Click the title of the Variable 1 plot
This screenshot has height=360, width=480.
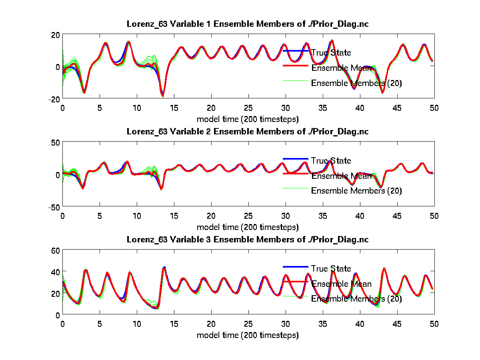248,24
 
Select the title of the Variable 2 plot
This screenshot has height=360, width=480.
248,131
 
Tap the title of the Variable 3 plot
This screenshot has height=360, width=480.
248,239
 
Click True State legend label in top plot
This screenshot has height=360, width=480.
331,53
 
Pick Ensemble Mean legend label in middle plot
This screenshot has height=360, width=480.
341,176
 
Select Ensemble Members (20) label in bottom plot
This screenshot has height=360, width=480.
356,298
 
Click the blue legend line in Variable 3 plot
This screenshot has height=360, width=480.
295,267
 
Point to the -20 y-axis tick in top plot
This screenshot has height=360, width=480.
54,99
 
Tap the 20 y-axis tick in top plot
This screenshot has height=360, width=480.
55,35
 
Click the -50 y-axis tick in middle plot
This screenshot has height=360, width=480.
54,207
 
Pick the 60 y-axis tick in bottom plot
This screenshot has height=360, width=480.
55,251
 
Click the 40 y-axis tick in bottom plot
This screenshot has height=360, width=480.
55,272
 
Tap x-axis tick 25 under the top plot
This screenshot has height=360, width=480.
248,108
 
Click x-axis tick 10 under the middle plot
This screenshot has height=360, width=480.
137,216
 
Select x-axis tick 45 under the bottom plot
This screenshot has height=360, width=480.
397,324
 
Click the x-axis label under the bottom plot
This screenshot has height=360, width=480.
248,335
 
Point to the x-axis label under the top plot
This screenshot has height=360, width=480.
248,119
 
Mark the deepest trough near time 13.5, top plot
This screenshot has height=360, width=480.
162,96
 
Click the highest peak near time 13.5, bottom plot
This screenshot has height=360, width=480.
164,267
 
